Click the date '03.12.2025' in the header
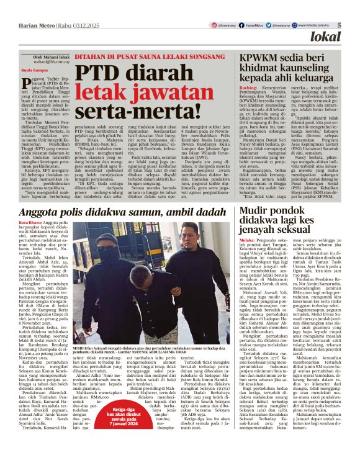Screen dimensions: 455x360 click(x=66, y=25)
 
